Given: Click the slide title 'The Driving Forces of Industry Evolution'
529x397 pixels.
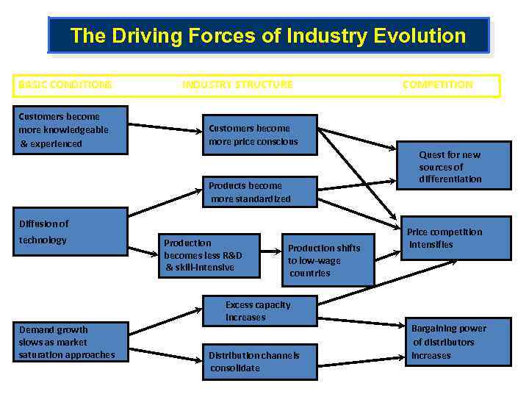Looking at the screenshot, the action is (x=267, y=35).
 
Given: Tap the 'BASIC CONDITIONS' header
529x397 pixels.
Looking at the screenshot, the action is (x=65, y=85).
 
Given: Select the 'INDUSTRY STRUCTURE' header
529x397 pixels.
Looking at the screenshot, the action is (x=237, y=85).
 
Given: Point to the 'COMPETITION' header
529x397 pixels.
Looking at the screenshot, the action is (x=437, y=85).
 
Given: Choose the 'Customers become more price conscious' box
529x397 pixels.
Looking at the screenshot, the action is (x=259, y=135).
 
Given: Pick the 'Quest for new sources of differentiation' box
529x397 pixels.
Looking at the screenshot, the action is (x=453, y=167).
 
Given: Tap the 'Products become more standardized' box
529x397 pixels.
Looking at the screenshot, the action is (x=259, y=192).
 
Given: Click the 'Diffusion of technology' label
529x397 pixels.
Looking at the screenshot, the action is (x=43, y=232).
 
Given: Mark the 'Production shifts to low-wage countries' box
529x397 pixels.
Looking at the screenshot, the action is (x=327, y=260).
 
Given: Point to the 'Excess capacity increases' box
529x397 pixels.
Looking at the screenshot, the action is (x=258, y=311).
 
